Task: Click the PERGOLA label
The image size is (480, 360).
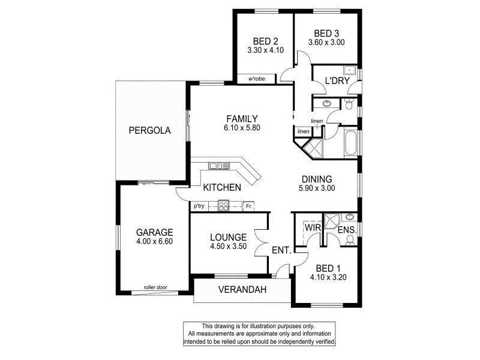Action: pos(149,130)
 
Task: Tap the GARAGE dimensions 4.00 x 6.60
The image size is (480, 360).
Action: pos(154,242)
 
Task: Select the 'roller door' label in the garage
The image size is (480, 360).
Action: pos(154,288)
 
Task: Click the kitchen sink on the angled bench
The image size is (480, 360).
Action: pos(219,166)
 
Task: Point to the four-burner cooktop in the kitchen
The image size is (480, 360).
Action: pos(223,206)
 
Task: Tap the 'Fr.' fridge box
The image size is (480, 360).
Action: pos(248,206)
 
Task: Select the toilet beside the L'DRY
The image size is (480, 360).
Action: pos(350,104)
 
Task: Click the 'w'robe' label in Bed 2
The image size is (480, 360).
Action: pos(256,79)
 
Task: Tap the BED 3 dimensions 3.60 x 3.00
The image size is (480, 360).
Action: pos(326,43)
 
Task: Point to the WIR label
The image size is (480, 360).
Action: pos(311,229)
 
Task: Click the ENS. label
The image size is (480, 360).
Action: pos(347,230)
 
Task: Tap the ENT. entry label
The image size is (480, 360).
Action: pos(282,250)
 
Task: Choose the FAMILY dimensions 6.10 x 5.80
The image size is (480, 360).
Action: pos(242,128)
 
